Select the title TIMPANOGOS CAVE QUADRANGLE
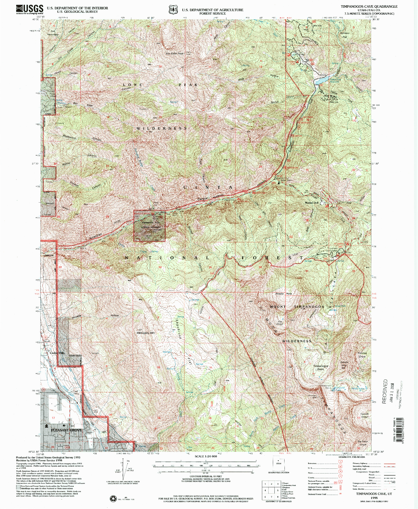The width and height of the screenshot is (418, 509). pos(369,7)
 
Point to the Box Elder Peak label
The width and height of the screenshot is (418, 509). pos(175,54)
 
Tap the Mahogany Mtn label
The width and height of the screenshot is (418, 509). pos(145,333)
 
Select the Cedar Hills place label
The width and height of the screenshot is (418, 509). pos(57,353)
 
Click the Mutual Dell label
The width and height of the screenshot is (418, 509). pos(311,203)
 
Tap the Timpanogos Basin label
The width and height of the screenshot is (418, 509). pos(321,367)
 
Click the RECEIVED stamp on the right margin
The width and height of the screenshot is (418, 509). pos(385,391)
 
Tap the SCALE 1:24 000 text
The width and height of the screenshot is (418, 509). pos(206,456)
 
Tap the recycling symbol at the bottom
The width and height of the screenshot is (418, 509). pos(113,499)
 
